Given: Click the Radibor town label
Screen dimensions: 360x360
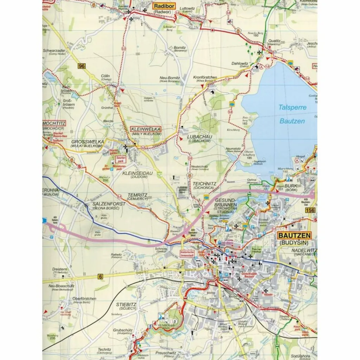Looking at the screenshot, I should [x=162, y=6].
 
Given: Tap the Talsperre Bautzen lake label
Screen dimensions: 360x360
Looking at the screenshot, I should [x=292, y=114].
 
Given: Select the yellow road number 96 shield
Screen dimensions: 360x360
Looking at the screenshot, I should [x=82, y=66].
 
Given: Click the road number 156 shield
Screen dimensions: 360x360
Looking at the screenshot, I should [x=310, y=210].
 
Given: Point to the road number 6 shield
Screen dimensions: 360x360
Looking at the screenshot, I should [x=101, y=277].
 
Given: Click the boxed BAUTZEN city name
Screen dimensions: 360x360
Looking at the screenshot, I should [x=294, y=236].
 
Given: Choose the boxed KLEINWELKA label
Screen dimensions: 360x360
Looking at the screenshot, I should [x=146, y=129].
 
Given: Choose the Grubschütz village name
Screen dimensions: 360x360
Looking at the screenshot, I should [x=123, y=330].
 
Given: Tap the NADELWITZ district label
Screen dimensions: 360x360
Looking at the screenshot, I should [x=304, y=250].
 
